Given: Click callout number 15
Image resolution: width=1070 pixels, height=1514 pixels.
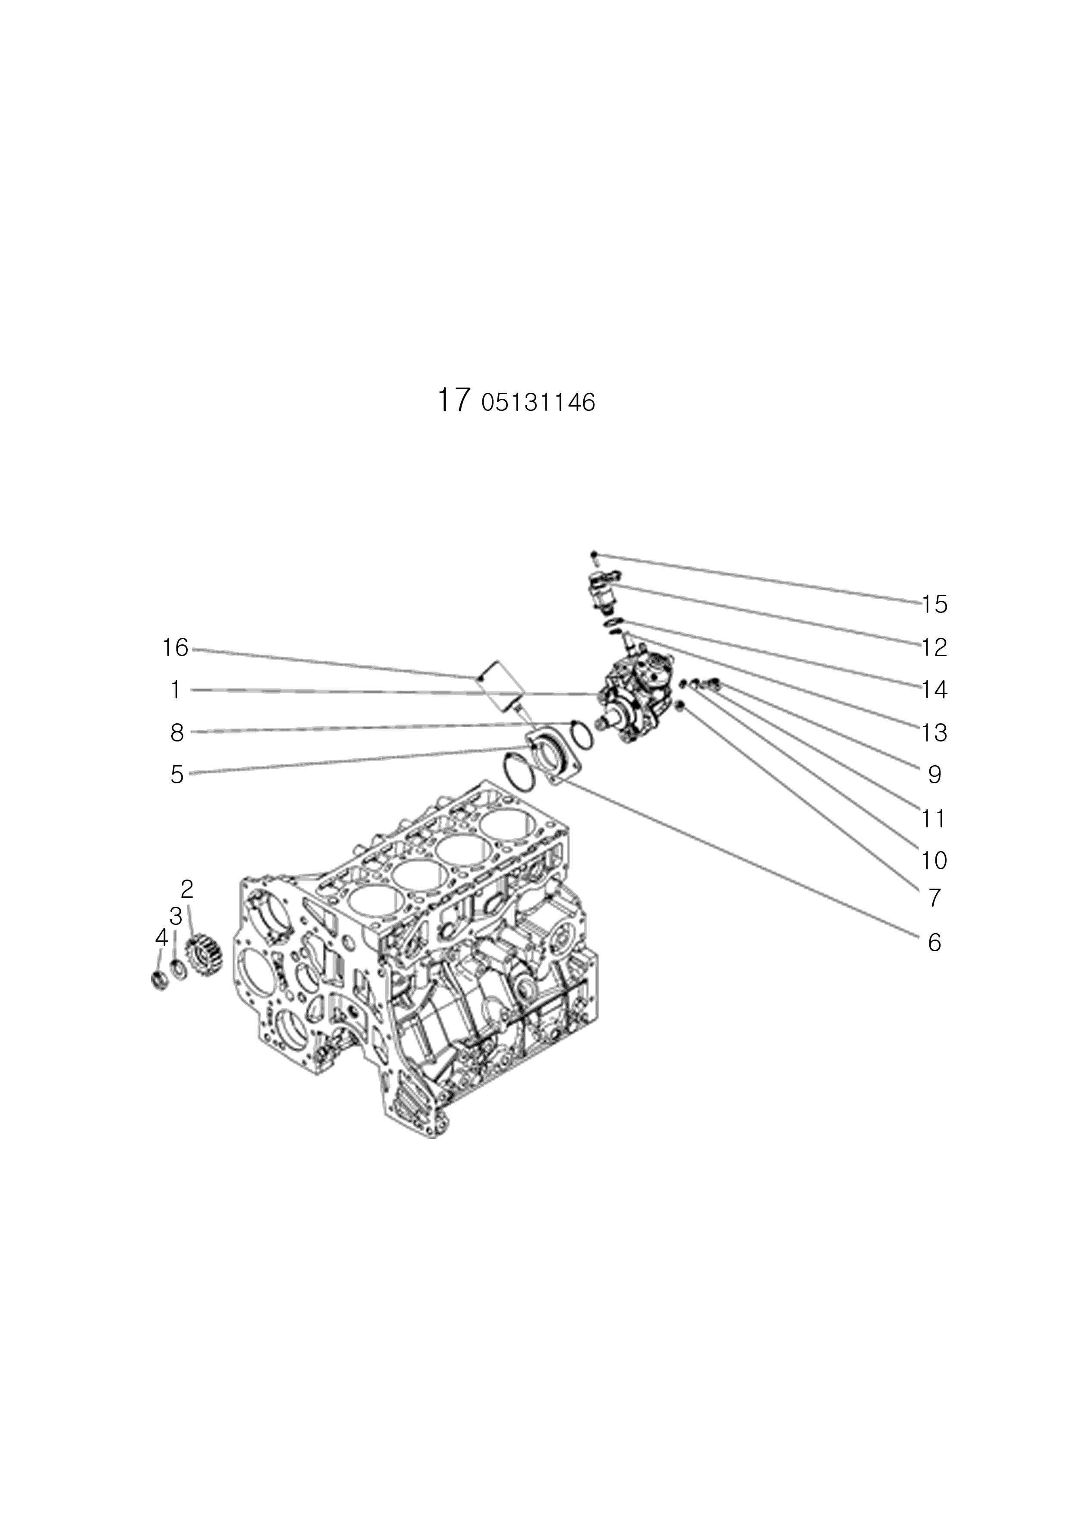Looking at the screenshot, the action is [x=934, y=604].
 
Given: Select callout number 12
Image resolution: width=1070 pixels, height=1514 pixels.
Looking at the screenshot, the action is [x=934, y=647].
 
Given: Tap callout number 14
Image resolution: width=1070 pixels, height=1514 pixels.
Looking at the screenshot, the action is [x=934, y=690].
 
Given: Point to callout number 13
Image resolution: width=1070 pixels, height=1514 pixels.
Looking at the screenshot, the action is [x=934, y=732].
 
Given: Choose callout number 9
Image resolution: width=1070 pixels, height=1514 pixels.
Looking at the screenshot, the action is [x=934, y=775].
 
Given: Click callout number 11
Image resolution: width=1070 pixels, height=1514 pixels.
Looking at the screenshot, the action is [x=934, y=818].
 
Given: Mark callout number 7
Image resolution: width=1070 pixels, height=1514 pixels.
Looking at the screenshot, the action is [x=934, y=898].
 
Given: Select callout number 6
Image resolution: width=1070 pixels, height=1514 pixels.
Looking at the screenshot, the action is [x=934, y=943].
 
